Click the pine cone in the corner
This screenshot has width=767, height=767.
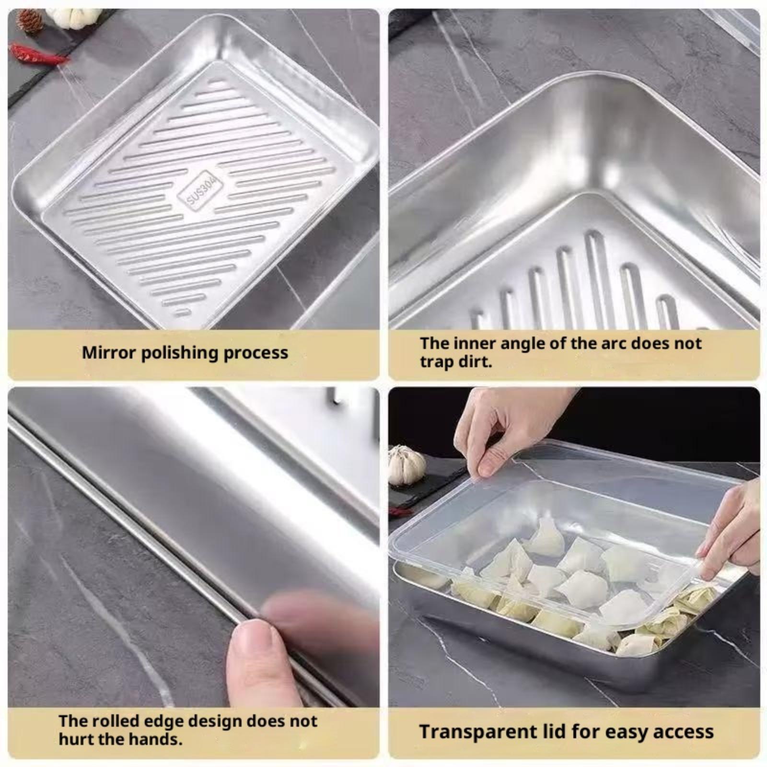pos(30,21)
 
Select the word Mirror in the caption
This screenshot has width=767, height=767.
pos(107,352)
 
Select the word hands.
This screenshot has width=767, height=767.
pos(154,739)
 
